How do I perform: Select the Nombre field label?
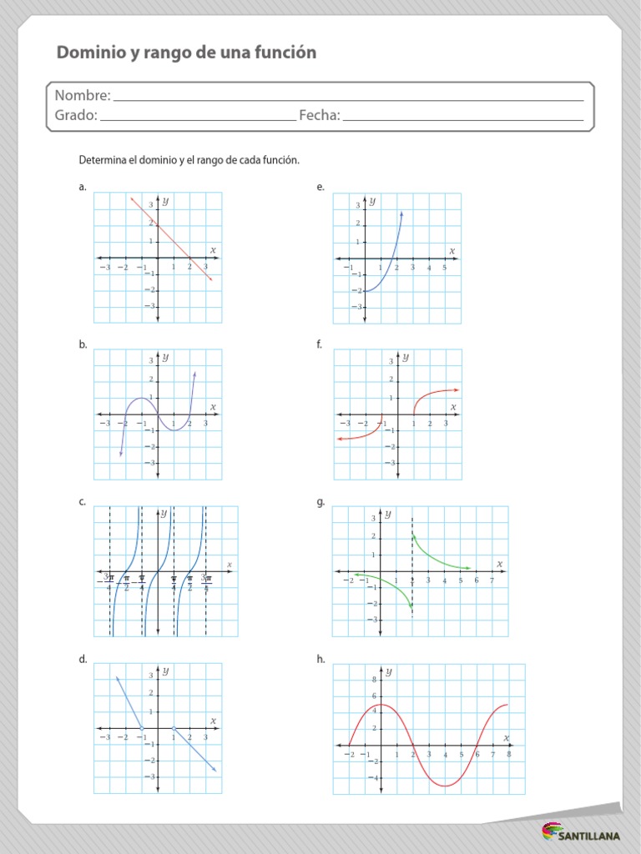click(82, 96)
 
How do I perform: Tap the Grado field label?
click(76, 115)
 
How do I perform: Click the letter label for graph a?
click(83, 188)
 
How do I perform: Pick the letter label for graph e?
click(320, 188)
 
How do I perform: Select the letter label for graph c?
click(83, 502)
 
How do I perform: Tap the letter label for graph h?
click(320, 659)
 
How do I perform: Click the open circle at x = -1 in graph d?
click(142, 728)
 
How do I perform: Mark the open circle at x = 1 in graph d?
click(174, 728)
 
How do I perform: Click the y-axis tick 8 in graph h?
click(374, 680)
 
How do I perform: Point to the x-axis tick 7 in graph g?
click(492, 580)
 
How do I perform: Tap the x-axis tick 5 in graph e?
click(445, 268)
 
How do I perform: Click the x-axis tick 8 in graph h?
click(508, 753)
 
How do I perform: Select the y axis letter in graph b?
click(165, 357)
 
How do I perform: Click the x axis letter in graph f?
click(453, 407)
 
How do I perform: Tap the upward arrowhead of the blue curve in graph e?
click(401, 214)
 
